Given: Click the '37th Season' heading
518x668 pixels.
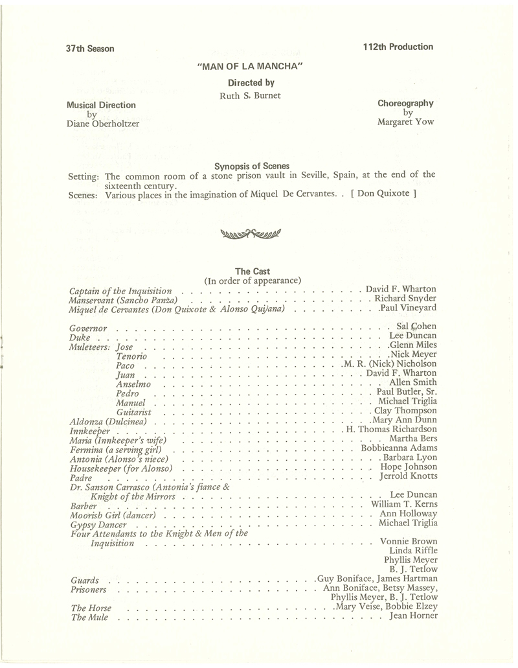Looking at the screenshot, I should coord(89,49).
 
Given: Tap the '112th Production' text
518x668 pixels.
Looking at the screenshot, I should coord(398,47).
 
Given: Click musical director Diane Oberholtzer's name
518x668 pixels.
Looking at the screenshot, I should coord(103,124).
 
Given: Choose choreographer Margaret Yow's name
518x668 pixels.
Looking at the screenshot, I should coord(406,121).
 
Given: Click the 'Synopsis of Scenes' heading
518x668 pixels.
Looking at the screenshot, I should coord(252,165).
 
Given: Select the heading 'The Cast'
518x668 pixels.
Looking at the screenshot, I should coord(253,271).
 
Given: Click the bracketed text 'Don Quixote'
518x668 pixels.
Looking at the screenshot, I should coord(381,193).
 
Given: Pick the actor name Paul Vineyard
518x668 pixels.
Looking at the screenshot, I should coord(407,308).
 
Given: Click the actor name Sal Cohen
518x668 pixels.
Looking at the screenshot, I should coord(416,327).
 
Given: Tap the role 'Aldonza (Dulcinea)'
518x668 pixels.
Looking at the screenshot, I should coord(108,422).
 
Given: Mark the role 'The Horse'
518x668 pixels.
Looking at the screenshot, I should coord(90,608).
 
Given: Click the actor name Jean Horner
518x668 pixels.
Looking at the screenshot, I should coord(413,616).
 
